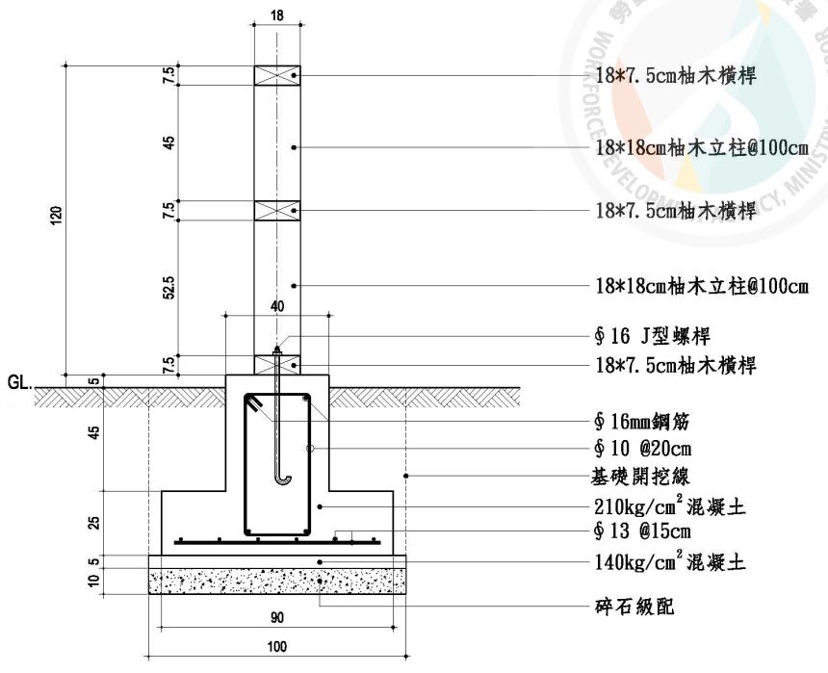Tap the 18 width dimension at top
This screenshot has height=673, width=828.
tap(277, 16)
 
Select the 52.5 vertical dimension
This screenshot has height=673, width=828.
tap(169, 285)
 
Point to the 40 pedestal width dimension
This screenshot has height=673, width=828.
tap(277, 306)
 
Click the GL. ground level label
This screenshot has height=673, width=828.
tap(18, 381)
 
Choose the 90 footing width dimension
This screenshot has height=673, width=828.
tap(278, 616)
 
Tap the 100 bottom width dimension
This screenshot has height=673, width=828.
tap(277, 647)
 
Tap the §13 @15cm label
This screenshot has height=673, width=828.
tap(643, 531)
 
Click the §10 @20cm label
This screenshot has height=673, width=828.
tap(643, 449)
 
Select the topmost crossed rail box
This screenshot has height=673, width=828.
tap(277, 75)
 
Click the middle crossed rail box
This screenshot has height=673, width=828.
tap(277, 210)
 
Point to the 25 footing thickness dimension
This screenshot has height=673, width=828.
tap(93, 522)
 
